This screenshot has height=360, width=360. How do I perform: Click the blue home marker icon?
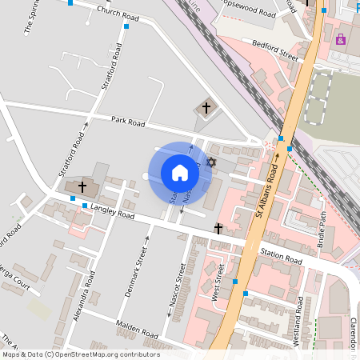click(x=180, y=173)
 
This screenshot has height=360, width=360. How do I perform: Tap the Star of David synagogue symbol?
click(x=211, y=162)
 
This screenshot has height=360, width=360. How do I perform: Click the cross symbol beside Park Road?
click(x=206, y=107)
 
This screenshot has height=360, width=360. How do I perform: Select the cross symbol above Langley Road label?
click(x=82, y=186)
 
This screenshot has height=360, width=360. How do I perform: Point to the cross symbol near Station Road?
click(x=218, y=229)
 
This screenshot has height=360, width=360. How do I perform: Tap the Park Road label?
click(x=128, y=122)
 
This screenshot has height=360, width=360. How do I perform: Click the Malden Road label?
click(x=138, y=329)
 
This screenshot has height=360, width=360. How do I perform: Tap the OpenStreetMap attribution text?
click(x=81, y=354)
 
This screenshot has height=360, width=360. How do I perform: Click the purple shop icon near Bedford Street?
click(x=341, y=39)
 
